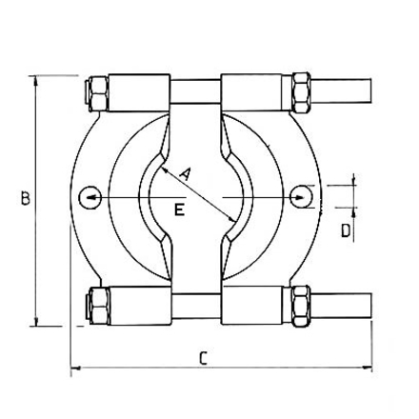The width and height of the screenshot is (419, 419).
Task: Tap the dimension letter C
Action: (202, 358)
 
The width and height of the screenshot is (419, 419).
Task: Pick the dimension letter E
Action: (178, 211)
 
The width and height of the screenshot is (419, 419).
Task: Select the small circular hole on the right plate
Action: (303, 196)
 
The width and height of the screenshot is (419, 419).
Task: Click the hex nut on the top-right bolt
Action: (302, 91)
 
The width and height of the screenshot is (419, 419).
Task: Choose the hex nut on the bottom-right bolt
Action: (302, 304)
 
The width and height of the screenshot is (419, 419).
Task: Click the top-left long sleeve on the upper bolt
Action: (141, 92)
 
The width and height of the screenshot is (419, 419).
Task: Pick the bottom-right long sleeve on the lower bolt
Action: (254, 304)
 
